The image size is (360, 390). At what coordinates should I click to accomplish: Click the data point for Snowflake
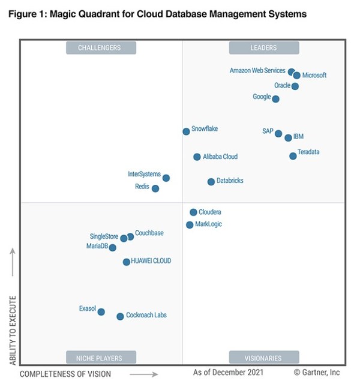pos(186,131)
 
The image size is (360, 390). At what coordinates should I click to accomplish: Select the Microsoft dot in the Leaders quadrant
pos(296,76)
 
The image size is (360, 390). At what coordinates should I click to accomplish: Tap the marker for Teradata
pos(293,156)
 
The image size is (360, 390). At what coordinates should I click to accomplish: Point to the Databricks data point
pos(211,182)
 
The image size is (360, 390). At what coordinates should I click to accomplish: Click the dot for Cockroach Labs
pos(120,316)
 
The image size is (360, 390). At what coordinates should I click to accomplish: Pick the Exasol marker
pos(101,312)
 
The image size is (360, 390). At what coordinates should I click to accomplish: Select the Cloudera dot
pos(193,212)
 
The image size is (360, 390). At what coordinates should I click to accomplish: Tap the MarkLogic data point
pos(190,225)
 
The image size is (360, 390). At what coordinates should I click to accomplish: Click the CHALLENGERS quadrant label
pos(101,47)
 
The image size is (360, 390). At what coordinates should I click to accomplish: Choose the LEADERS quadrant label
pos(263,47)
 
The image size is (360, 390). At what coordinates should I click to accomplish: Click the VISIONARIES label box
pos(263,358)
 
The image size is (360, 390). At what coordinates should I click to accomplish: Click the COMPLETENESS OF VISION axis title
pos(65,374)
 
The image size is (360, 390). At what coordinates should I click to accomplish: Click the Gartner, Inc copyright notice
pos(317,373)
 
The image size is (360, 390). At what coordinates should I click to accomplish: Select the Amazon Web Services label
pos(257,71)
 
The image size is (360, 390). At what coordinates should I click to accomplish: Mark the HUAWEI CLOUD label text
pos(151,261)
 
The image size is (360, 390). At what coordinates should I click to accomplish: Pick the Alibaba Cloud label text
pos(220,157)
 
